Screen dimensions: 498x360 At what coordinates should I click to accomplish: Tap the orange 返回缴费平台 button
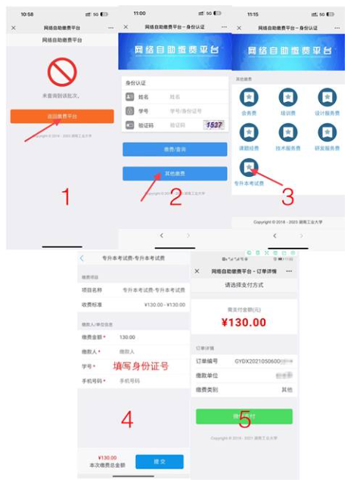tap(62, 116)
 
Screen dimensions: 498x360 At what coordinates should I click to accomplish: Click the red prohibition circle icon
tap(61, 73)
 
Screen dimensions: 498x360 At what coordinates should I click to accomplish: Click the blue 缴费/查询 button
tap(175, 150)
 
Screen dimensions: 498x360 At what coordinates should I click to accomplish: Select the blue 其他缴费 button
tap(175, 174)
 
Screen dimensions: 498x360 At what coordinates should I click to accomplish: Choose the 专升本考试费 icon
tap(249, 168)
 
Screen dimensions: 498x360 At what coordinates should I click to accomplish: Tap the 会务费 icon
tap(249, 97)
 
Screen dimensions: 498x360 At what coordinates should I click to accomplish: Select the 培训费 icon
tap(288, 97)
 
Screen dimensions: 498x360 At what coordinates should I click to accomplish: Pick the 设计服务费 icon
tap(327, 97)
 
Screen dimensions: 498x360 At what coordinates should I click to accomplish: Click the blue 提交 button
tap(160, 460)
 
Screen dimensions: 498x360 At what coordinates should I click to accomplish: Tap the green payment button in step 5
tap(244, 416)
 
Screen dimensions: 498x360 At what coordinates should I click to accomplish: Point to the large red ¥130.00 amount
tap(244, 322)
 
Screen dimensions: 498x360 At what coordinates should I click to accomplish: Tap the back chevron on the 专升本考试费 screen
tap(82, 258)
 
